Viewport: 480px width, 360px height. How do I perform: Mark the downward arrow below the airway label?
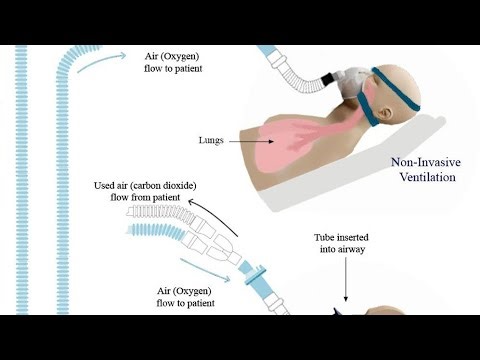(345, 285)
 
